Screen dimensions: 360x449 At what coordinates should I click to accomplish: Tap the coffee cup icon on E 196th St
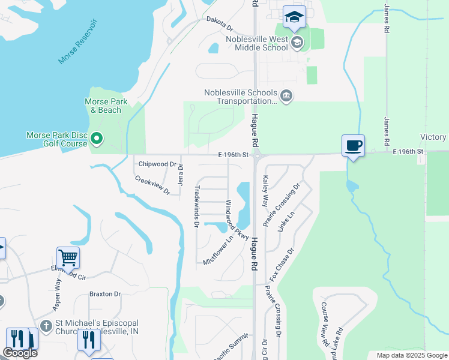[352, 145]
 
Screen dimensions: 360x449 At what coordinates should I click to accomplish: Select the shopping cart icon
[68, 258]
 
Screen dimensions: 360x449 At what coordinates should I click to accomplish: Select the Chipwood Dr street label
[157, 164]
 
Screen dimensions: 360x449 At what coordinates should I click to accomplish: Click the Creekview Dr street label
[152, 184]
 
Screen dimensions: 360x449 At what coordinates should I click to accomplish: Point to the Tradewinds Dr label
[196, 206]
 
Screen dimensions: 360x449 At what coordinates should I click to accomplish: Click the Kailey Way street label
[265, 191]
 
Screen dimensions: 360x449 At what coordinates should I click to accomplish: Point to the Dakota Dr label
[219, 23]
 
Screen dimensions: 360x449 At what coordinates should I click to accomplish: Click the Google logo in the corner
[20, 353]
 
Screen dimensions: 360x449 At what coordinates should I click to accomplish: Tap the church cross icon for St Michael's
[46, 325]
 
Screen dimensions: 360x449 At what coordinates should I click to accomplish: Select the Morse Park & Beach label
[105, 106]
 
